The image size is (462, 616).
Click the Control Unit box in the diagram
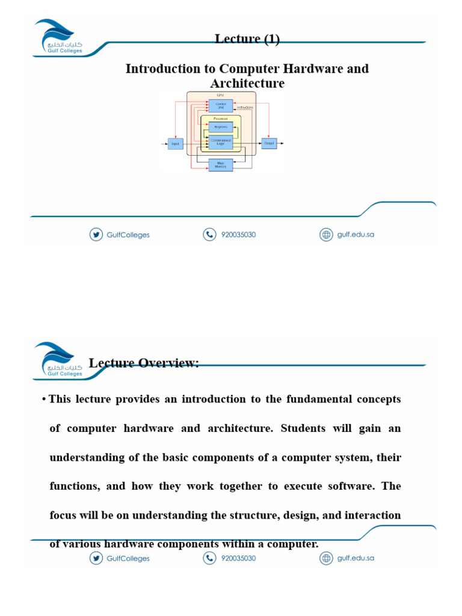[220, 106]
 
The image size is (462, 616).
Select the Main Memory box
[220, 164]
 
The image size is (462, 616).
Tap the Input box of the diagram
[176, 144]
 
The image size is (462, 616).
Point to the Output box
[269, 143]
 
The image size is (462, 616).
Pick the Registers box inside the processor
[220, 127]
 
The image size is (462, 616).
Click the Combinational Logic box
[220, 143]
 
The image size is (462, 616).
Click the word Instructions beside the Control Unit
[245, 107]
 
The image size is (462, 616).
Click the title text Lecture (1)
[247, 39]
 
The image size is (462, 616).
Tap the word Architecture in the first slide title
[247, 83]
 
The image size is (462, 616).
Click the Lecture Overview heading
[144, 363]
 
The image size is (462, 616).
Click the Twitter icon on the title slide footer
[96, 235]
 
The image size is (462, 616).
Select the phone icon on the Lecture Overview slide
[209, 558]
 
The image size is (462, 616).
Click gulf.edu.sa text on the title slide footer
[356, 235]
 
